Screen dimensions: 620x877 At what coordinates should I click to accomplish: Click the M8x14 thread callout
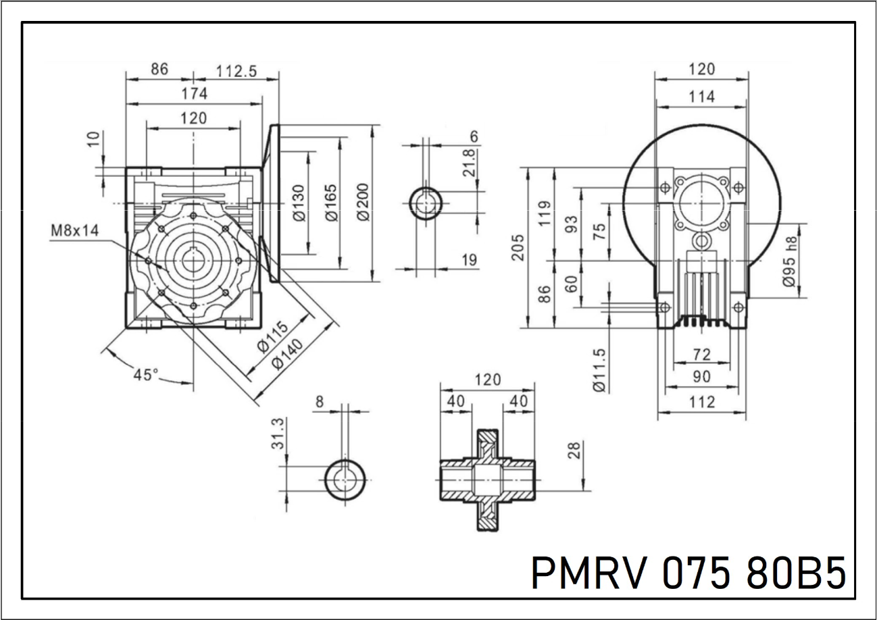click(74, 231)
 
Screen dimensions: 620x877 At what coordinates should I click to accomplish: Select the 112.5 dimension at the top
click(236, 70)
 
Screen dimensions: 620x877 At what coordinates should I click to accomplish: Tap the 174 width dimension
click(194, 94)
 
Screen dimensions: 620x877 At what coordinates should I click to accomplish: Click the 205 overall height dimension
click(518, 248)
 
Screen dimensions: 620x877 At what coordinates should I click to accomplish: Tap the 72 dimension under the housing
click(702, 353)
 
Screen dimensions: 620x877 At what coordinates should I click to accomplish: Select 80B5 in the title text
click(796, 573)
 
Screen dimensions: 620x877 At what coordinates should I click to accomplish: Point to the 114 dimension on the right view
click(701, 97)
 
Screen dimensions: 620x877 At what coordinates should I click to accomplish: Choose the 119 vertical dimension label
click(544, 213)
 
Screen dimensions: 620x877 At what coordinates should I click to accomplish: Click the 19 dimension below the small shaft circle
click(470, 259)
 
